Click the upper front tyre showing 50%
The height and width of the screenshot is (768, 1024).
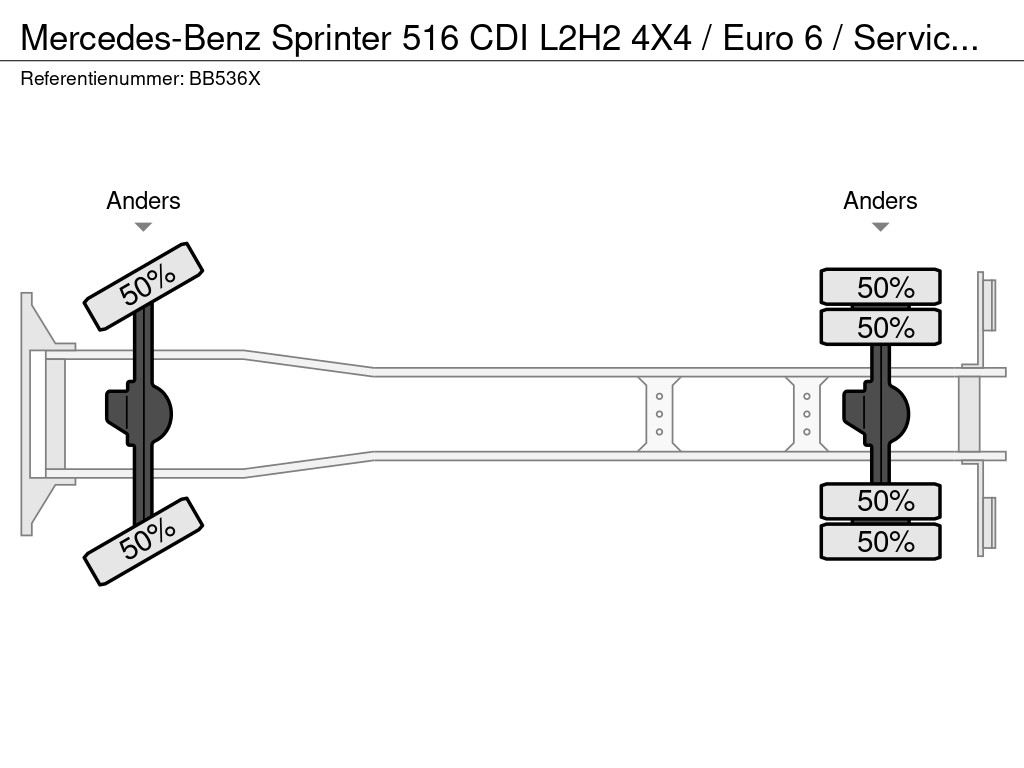(143, 286)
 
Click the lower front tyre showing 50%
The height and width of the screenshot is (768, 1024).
(143, 540)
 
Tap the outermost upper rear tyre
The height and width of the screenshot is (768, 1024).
(880, 287)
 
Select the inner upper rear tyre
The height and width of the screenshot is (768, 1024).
(880, 327)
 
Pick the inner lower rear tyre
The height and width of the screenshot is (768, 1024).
(880, 500)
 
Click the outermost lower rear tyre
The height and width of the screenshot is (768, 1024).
(880, 541)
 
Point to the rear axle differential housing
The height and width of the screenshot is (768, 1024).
(878, 413)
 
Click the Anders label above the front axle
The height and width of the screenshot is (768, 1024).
(143, 201)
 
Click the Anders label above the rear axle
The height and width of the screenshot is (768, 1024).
(880, 201)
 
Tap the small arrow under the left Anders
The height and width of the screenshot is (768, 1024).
(143, 227)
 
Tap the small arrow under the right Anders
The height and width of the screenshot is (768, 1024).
(880, 227)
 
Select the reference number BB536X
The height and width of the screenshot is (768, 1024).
(224, 79)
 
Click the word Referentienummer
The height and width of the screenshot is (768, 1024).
(101, 79)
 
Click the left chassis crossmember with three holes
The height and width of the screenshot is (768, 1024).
(660, 413)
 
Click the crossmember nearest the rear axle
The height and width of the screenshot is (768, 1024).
(806, 413)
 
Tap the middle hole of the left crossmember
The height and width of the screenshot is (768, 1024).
(660, 414)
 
